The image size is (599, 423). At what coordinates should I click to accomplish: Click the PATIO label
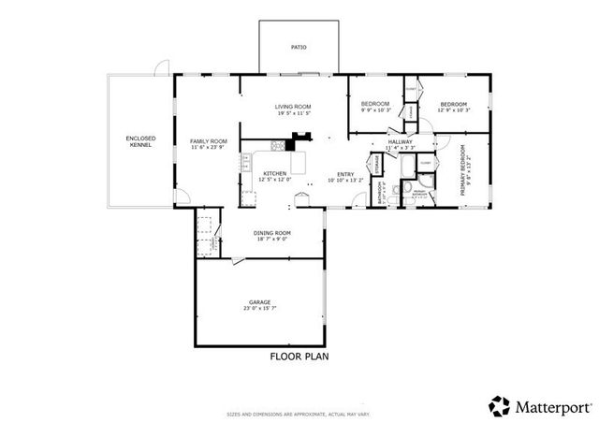298,46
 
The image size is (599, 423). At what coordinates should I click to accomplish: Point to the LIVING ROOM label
292,107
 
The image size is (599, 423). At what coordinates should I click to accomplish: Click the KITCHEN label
273,173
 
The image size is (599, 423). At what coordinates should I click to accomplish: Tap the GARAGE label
259,301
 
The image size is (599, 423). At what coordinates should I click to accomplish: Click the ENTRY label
346,173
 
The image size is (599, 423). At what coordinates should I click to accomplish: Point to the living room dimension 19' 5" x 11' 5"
292,113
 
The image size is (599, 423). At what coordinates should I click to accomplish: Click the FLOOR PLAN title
298,357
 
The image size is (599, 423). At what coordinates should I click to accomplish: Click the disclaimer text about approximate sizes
299,413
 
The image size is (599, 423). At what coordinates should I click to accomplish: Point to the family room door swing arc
184,196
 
